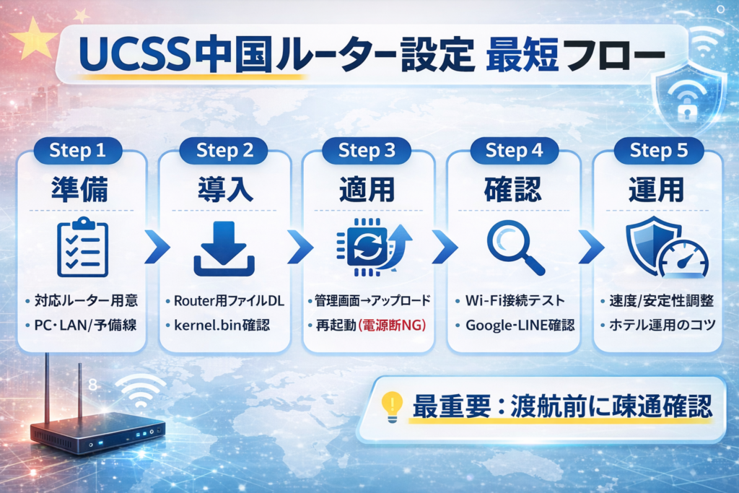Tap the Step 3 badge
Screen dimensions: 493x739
[x=367, y=151]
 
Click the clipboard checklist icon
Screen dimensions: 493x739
[x=82, y=248]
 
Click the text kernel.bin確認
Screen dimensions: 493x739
[x=222, y=326]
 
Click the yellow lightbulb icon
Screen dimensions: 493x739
[x=391, y=407]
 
